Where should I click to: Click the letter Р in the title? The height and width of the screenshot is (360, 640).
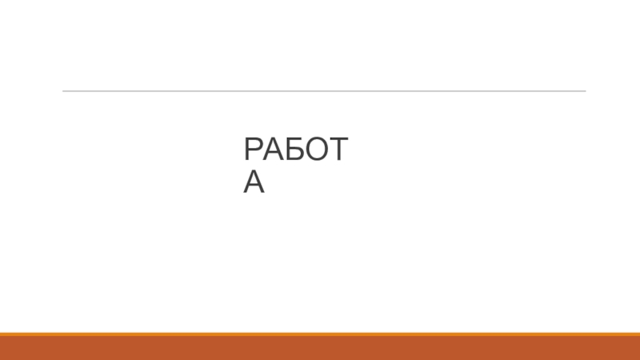pos(254,150)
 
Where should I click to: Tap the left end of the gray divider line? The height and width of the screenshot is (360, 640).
pos(64,90)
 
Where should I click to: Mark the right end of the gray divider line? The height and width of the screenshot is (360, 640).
pos(584,90)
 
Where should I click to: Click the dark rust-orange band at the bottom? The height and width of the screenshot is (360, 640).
pos(320,349)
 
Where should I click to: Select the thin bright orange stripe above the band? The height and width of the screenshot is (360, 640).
pos(320,334)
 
